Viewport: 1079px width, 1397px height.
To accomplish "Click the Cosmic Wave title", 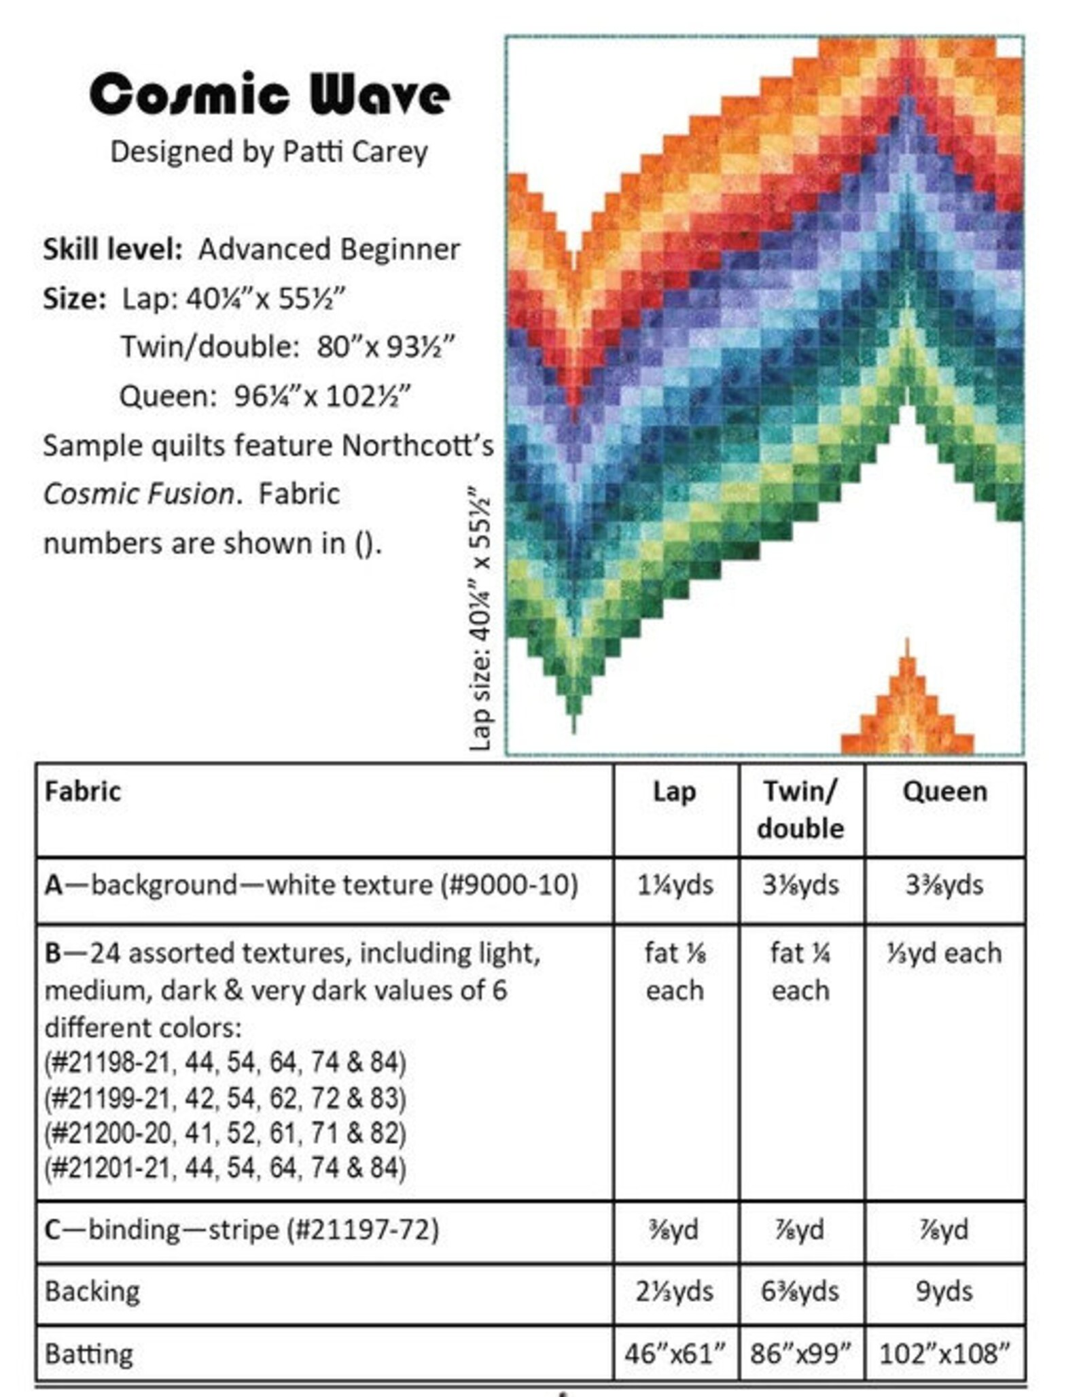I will [270, 94].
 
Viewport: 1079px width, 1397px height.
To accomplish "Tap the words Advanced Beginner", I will [329, 249].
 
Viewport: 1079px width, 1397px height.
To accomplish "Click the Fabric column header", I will [83, 792].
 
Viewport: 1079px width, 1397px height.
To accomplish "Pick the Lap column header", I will [674, 792].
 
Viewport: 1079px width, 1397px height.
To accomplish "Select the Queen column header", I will [944, 792].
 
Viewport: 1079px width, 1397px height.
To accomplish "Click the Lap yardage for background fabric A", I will [675, 885].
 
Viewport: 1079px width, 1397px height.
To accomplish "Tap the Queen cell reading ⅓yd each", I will [944, 953].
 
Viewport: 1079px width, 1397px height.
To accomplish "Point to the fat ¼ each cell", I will [800, 972].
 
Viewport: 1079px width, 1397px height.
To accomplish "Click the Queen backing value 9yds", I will [944, 1291].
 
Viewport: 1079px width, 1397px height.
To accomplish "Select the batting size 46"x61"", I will [675, 1354].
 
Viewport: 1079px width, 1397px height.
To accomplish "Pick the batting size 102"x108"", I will [944, 1354].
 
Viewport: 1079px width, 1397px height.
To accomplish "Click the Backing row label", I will [92, 1291].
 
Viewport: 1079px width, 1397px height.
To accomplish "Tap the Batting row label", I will [89, 1354].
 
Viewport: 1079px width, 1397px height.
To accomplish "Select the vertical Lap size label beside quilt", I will [480, 618].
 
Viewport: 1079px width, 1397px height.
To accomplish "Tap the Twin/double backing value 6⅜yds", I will [800, 1291].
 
